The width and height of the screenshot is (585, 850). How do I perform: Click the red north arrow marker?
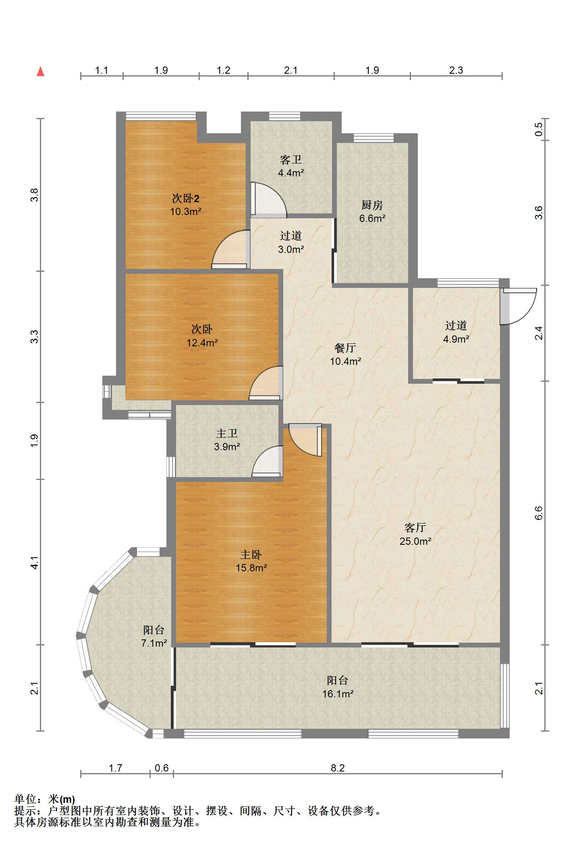tap(40, 72)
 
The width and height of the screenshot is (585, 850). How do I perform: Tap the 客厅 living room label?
tap(415, 527)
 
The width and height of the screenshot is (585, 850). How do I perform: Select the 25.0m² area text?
tap(415, 541)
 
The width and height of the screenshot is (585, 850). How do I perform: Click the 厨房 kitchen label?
tap(372, 205)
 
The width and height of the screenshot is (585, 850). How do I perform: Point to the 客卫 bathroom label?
tap(290, 160)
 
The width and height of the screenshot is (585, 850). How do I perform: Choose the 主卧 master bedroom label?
tap(251, 554)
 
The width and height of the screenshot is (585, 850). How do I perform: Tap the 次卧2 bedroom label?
tap(186, 198)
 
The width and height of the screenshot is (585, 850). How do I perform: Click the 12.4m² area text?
tap(202, 343)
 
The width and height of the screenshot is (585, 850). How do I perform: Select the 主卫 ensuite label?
tap(227, 433)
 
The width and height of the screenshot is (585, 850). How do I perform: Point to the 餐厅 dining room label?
tap(345, 347)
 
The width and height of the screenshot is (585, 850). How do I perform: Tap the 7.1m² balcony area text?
tap(154, 643)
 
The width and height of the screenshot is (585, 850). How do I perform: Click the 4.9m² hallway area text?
tap(456, 339)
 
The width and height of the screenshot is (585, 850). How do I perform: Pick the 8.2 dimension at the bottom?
tap(338, 768)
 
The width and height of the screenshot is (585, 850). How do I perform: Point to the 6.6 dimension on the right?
tap(539, 513)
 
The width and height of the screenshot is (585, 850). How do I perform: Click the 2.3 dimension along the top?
tap(456, 70)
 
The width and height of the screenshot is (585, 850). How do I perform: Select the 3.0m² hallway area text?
tap(291, 249)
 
